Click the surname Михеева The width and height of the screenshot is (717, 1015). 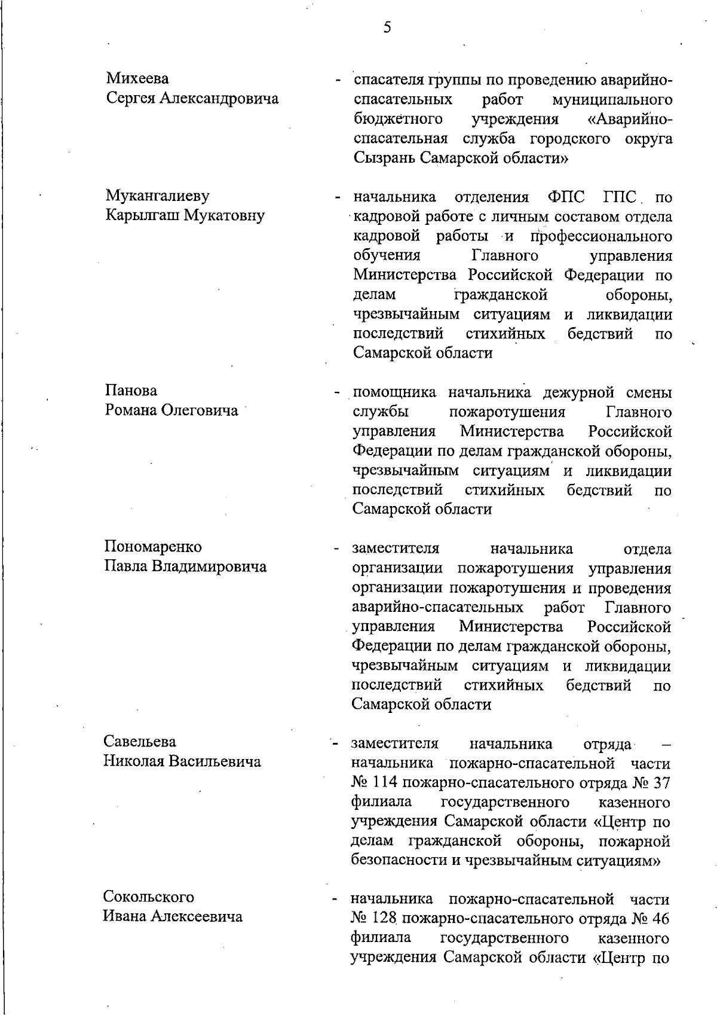click(137, 78)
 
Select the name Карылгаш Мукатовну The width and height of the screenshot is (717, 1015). click(185, 215)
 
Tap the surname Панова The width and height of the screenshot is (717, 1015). click(131, 391)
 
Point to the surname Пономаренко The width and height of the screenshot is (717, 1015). click(154, 547)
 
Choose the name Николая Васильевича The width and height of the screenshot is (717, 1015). click(182, 761)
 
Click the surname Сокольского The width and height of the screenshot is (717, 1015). click(149, 897)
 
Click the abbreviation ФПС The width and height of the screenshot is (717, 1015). click(567, 197)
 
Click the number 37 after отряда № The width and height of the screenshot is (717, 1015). click(661, 783)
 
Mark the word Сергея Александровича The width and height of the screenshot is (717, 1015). click(192, 98)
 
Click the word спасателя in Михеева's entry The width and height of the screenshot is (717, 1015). click(389, 80)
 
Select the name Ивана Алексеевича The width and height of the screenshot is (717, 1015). click(173, 916)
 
